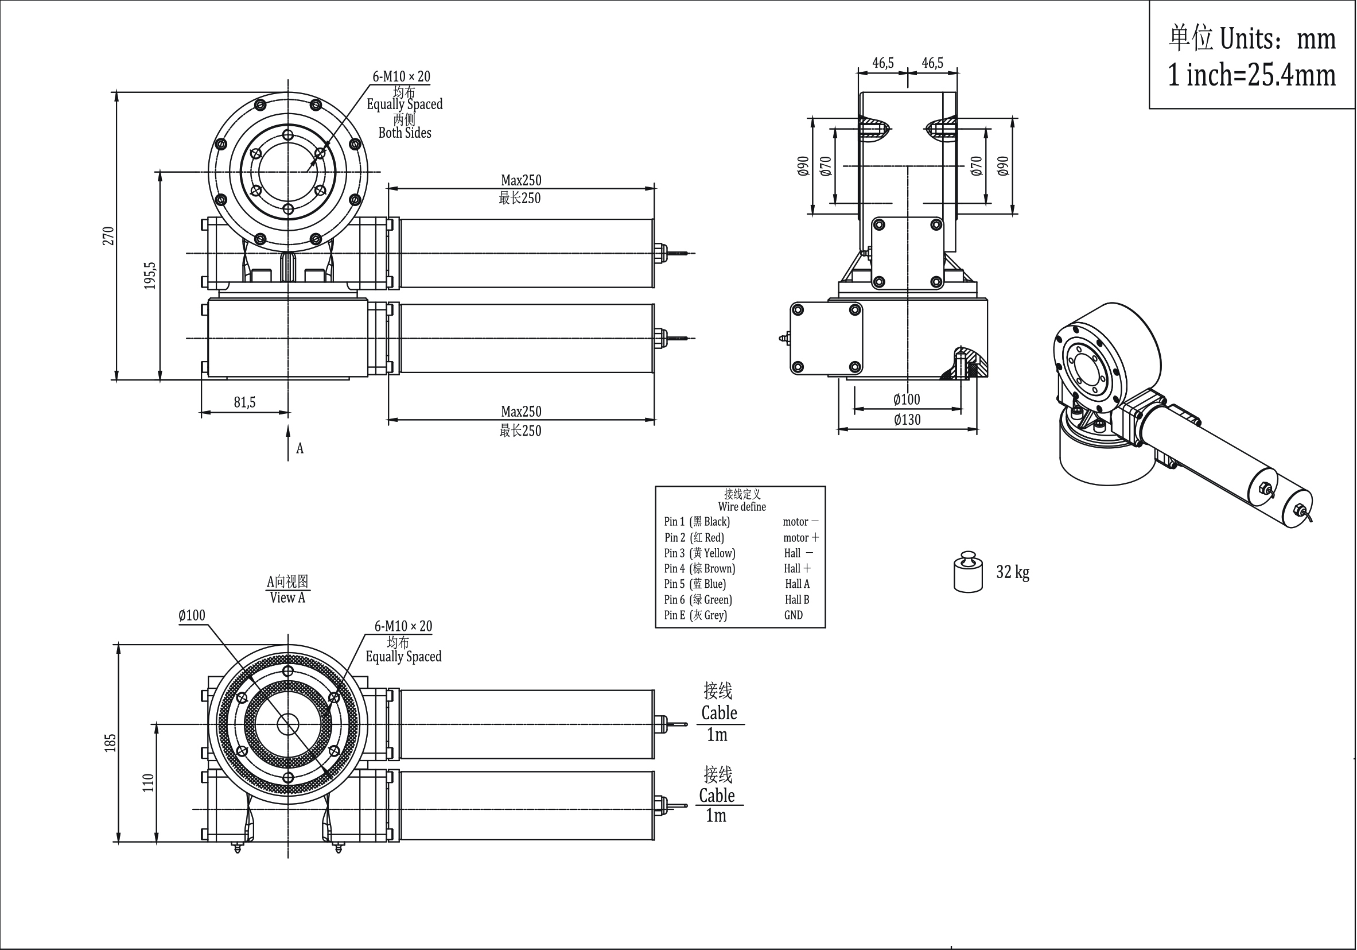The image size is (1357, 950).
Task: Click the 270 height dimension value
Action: click(107, 235)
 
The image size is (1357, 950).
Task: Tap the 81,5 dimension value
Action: click(244, 402)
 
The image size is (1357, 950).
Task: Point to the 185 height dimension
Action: click(111, 743)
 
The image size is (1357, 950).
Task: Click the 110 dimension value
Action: click(148, 783)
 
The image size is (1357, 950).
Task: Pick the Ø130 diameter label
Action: click(907, 420)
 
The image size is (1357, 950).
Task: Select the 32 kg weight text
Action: click(1012, 572)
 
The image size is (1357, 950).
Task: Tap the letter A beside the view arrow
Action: click(300, 449)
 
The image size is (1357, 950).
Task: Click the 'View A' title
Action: click(288, 598)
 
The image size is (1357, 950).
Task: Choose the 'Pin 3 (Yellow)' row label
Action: click(700, 553)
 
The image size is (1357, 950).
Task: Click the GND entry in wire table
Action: click(793, 615)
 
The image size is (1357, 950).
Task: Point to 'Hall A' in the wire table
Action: click(797, 584)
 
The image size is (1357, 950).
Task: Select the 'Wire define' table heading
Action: click(742, 507)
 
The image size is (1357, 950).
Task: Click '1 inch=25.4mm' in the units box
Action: click(1252, 76)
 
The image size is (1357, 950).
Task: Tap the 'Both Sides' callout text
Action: click(405, 133)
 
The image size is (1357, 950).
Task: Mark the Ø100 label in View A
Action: click(192, 615)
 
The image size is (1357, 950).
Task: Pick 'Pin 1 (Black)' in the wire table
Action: click(697, 522)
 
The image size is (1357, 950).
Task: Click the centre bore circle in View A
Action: click(288, 725)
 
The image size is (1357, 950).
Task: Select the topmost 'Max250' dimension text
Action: click(520, 180)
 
